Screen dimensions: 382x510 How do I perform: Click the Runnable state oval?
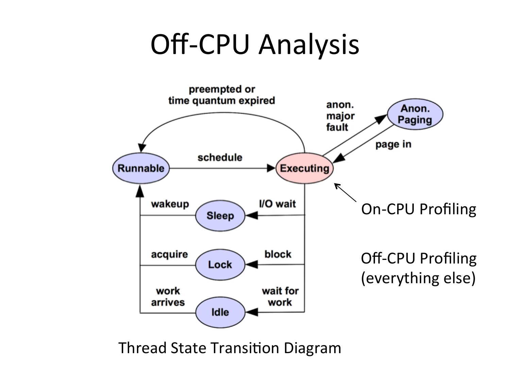click(x=140, y=168)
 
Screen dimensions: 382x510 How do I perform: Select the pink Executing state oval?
click(x=304, y=168)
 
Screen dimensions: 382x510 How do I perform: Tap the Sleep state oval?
click(x=220, y=216)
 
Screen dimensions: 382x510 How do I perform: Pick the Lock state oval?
click(x=220, y=265)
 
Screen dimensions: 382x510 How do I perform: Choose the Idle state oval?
click(x=220, y=312)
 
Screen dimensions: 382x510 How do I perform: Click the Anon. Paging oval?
click(x=415, y=114)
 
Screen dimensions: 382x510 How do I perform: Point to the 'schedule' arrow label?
click(x=220, y=158)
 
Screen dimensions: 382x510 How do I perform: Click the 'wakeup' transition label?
click(x=170, y=204)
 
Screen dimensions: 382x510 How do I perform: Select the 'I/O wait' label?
click(x=277, y=204)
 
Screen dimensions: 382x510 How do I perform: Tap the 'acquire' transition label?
click(x=169, y=254)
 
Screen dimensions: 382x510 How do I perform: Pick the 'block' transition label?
click(x=278, y=254)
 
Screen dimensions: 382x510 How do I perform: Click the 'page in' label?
click(x=393, y=145)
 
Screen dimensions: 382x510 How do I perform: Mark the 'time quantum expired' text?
click(x=221, y=101)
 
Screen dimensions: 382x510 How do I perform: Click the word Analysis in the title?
click(x=308, y=44)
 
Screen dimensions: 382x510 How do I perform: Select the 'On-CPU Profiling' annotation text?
click(x=419, y=209)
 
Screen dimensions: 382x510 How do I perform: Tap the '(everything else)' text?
click(x=418, y=278)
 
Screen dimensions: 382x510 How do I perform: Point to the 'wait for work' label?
click(x=280, y=296)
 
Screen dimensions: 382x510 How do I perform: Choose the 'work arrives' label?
click(x=168, y=296)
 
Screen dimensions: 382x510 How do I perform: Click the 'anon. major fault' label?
click(x=340, y=116)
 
